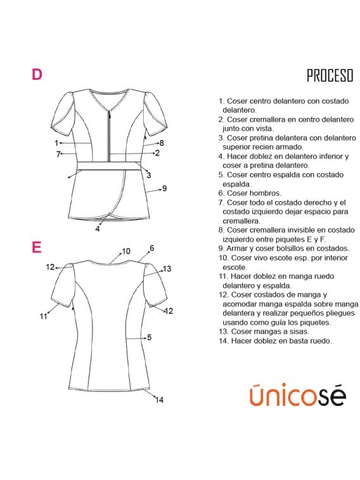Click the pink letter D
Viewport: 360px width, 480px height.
pyautogui.click(x=37, y=75)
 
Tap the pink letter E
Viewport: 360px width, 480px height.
pyautogui.click(x=37, y=247)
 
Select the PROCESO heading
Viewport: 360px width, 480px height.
pyautogui.click(x=330, y=76)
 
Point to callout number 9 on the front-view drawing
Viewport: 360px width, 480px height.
pyautogui.click(x=164, y=188)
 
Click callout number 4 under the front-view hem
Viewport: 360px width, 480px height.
pyautogui.click(x=98, y=229)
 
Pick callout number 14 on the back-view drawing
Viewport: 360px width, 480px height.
pyautogui.click(x=159, y=399)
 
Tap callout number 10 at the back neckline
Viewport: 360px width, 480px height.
pyautogui.click(x=126, y=252)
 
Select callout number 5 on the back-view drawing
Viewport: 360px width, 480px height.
pyautogui.click(x=149, y=337)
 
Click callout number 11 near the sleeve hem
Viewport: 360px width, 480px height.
pyautogui.click(x=43, y=316)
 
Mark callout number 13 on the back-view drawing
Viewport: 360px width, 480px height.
pyautogui.click(x=167, y=269)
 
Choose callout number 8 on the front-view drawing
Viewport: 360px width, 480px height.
pyautogui.click(x=162, y=143)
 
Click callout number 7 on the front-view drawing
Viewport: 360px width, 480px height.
pyautogui.click(x=58, y=154)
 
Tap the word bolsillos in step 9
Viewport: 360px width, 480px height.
pyautogui.click(x=290, y=249)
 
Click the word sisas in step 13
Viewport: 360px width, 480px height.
pyautogui.click(x=290, y=332)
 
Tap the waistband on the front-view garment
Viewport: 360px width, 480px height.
pyautogui.click(x=109, y=166)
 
